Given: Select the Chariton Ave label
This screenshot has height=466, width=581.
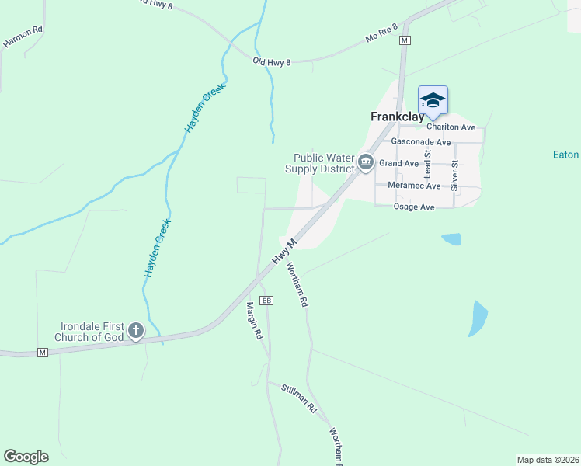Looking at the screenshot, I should (x=451, y=127).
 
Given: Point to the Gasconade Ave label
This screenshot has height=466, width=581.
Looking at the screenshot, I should (x=421, y=143).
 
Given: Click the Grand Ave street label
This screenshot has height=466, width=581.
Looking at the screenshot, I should (x=399, y=163).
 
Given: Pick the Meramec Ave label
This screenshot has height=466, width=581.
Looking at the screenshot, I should (x=412, y=186).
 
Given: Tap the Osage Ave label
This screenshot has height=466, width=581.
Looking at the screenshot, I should (x=414, y=207).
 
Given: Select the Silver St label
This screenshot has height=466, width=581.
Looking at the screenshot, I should (x=455, y=175).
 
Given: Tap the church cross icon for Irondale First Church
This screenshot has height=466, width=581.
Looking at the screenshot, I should (x=136, y=332).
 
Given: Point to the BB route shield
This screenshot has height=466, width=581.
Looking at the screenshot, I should (x=266, y=300).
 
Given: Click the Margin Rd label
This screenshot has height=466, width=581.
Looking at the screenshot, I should (x=254, y=321).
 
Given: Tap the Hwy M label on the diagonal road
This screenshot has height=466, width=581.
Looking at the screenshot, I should (x=285, y=253).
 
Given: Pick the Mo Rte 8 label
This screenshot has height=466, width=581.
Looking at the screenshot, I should (x=381, y=37).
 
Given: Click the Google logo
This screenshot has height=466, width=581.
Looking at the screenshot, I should (x=26, y=457).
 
